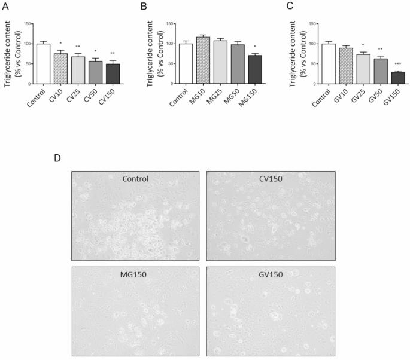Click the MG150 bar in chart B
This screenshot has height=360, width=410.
pyautogui.click(x=256, y=69)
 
